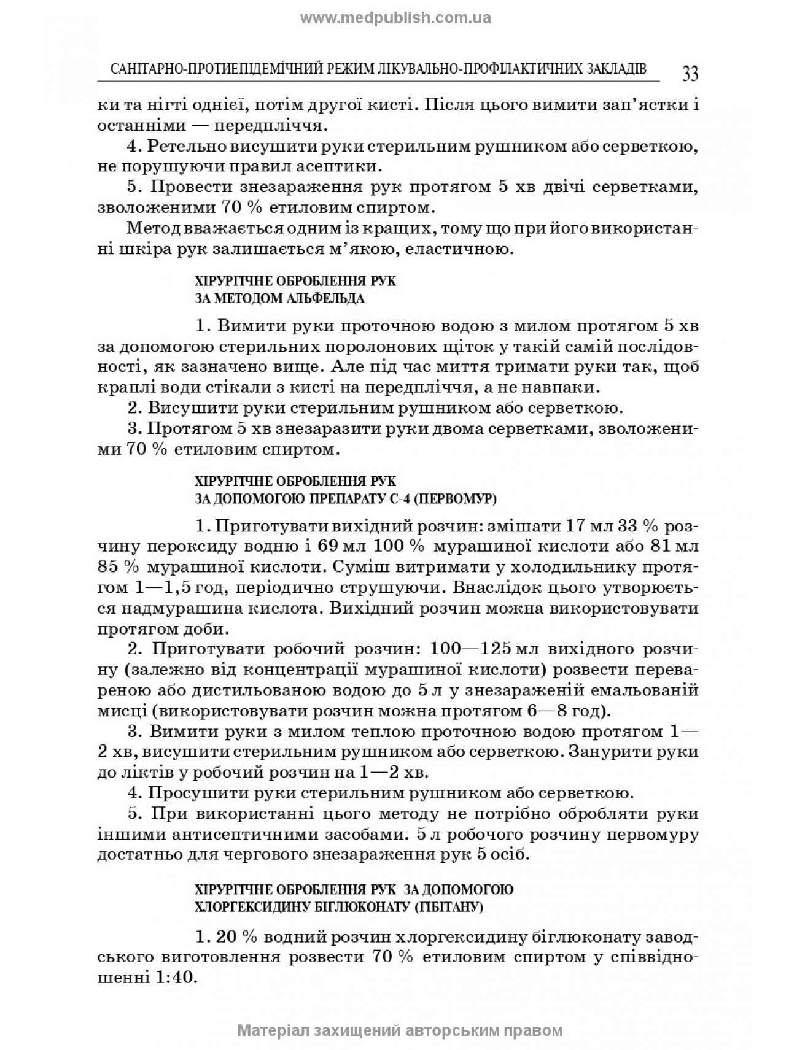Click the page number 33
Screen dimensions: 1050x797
[x=689, y=74]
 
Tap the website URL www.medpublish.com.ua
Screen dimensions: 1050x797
[x=395, y=18]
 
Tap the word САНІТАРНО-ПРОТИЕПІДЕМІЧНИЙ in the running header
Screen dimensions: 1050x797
[x=203, y=68]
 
